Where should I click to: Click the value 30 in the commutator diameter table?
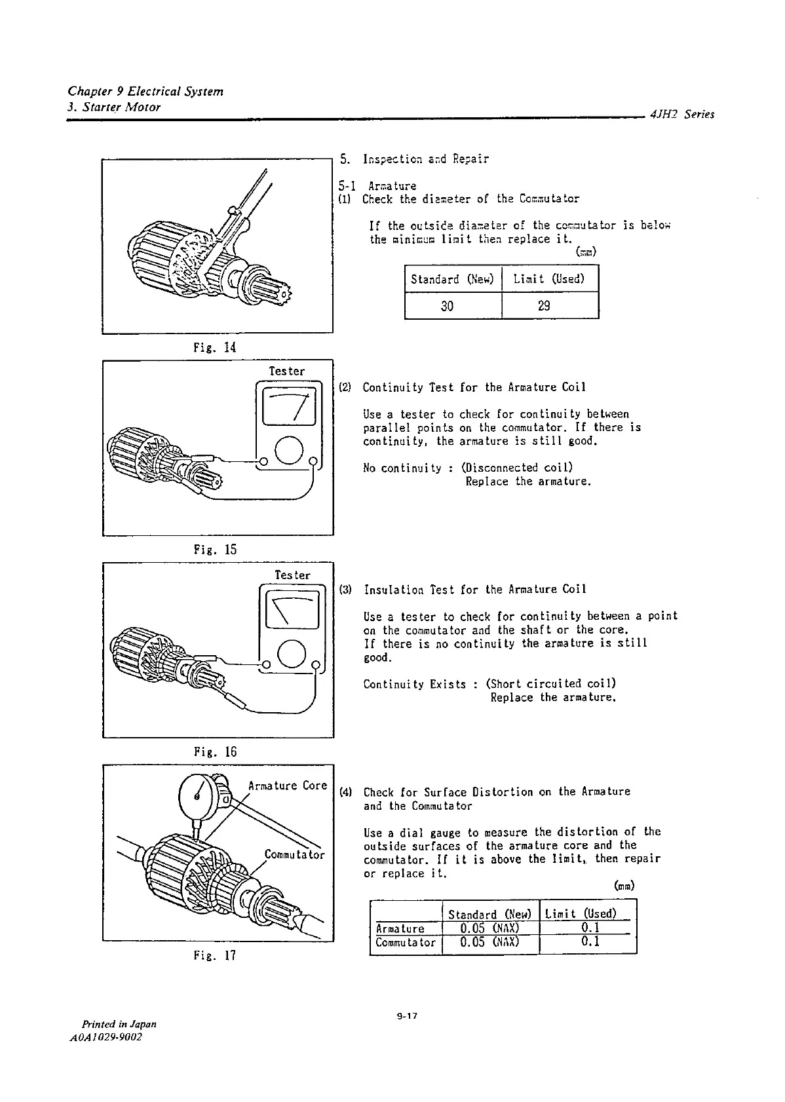[x=447, y=305]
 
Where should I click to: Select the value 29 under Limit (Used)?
[x=543, y=305]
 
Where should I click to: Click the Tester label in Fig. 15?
[x=287, y=371]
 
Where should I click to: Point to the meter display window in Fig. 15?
[x=289, y=407]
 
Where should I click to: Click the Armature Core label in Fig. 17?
[x=287, y=786]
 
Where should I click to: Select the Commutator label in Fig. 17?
[x=294, y=854]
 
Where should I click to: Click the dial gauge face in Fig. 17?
[x=198, y=796]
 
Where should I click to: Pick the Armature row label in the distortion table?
[x=400, y=928]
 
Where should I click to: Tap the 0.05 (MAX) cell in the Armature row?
[x=489, y=928]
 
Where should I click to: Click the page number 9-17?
[x=406, y=1017]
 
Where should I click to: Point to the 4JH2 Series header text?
[x=682, y=115]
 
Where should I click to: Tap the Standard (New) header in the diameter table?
[x=451, y=279]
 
